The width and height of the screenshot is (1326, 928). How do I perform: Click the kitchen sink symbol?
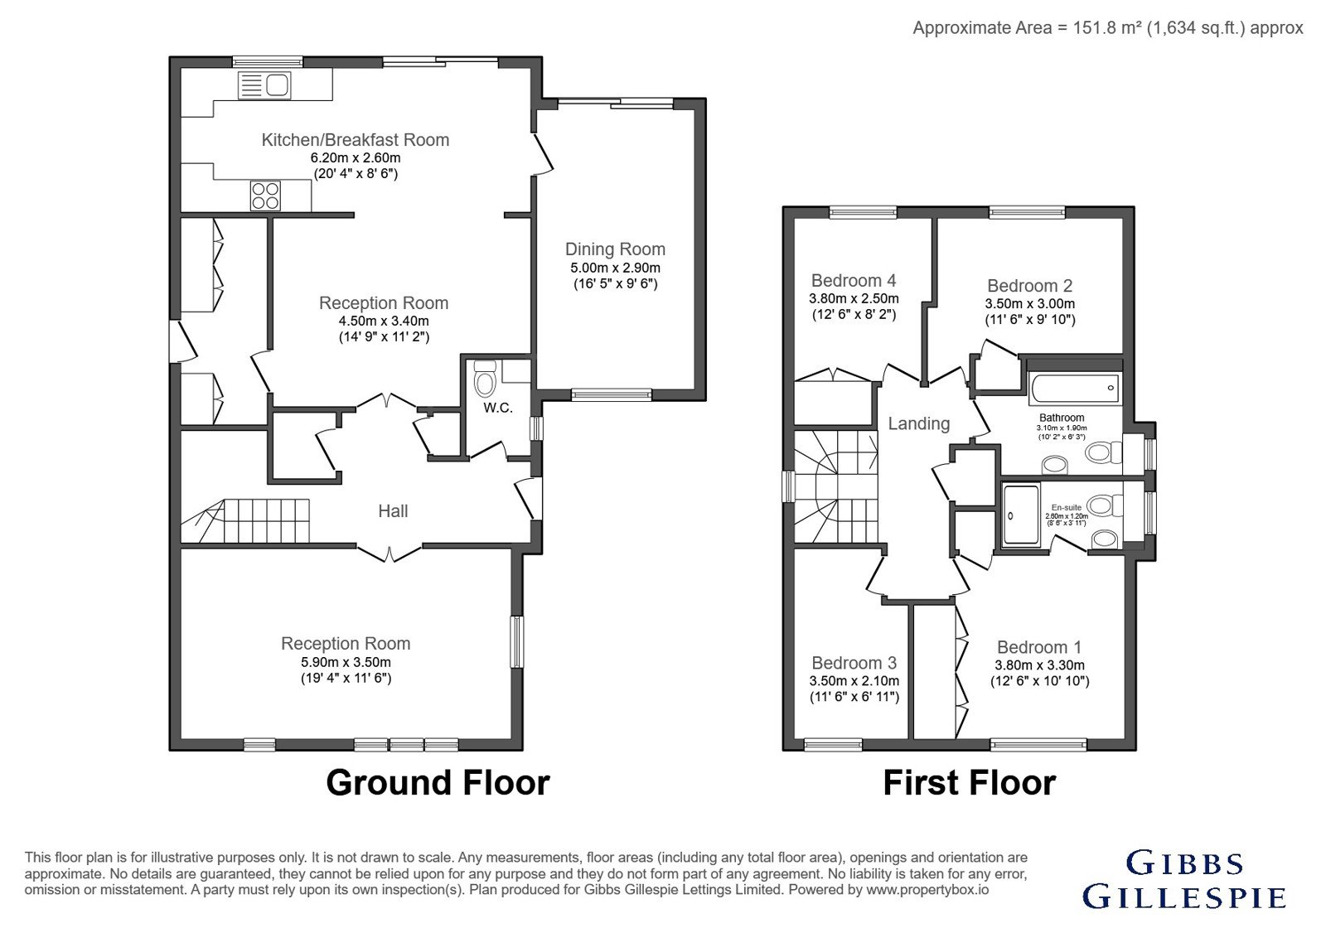[x=264, y=85]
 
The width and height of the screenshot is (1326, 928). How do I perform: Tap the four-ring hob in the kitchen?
[x=265, y=196]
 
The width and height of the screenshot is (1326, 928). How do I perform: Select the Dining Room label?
[x=615, y=249]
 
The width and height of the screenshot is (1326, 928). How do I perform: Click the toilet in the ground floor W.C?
[x=485, y=379]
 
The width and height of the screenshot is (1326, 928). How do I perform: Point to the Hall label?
[x=393, y=510]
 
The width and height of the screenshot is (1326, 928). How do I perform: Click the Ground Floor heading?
[x=438, y=782]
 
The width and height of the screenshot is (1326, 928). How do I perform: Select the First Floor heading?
[x=970, y=782]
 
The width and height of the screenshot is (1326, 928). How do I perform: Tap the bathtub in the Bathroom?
[x=1075, y=389]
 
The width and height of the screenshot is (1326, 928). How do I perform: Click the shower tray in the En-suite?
[x=1021, y=515]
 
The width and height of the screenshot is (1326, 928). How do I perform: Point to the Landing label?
[x=919, y=423]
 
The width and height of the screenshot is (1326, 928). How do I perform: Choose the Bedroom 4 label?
[x=854, y=281]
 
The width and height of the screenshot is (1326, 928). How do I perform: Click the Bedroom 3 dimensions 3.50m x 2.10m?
[x=854, y=681]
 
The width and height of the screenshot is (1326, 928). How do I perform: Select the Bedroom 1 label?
[x=1039, y=647]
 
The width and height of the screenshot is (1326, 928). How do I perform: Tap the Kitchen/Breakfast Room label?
[x=356, y=140]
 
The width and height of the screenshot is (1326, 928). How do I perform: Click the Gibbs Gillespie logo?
[x=1184, y=879]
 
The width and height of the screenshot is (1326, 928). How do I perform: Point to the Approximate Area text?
[x=1107, y=28]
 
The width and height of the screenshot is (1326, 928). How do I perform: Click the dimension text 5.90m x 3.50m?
[x=346, y=662]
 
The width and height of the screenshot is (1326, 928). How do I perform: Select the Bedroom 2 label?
[x=1030, y=286]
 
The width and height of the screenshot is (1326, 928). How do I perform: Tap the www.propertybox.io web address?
[x=927, y=890]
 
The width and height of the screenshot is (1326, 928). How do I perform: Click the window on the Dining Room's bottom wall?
[x=612, y=394]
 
